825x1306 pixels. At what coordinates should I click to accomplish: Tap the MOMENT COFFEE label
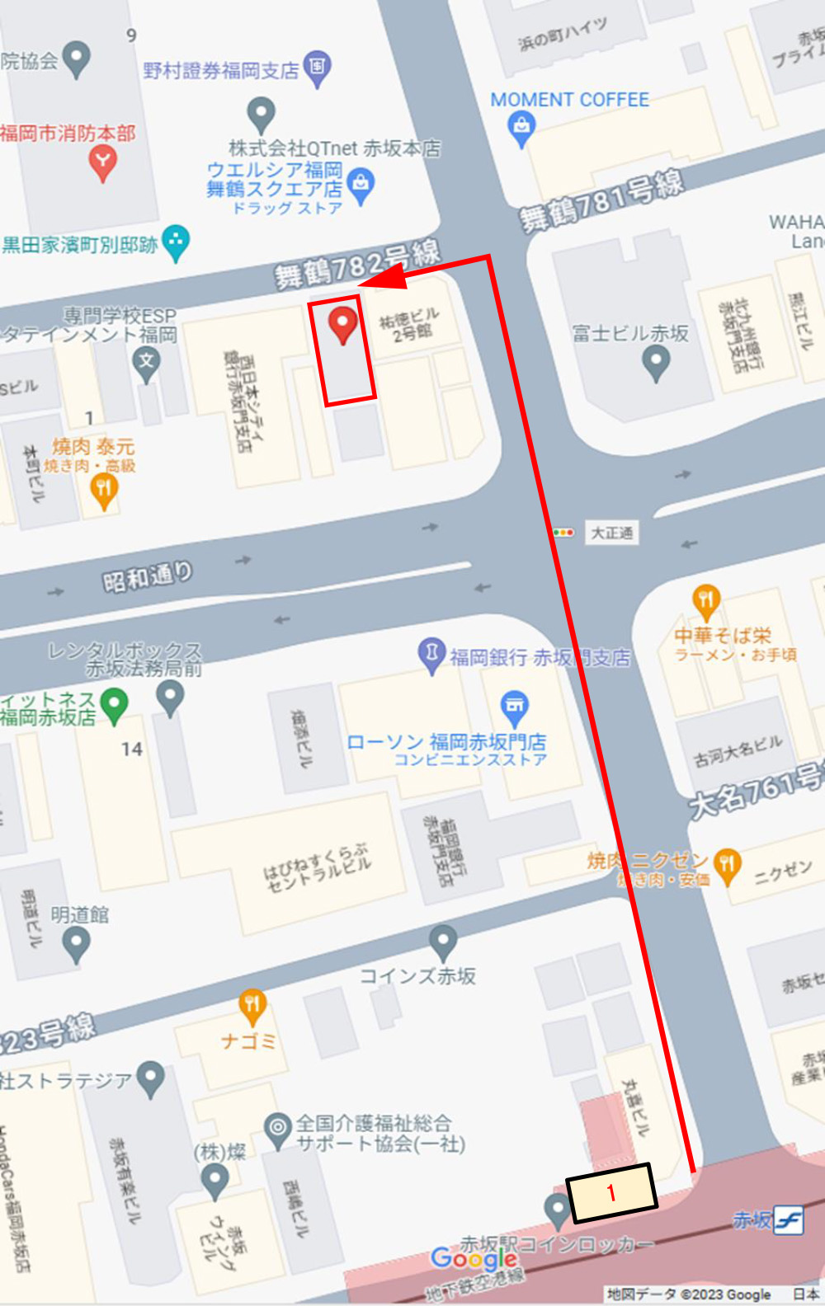[569, 100]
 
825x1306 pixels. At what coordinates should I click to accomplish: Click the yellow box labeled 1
[611, 1192]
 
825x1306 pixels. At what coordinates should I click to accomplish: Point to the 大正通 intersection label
[611, 533]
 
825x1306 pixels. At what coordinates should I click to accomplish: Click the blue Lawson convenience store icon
[515, 706]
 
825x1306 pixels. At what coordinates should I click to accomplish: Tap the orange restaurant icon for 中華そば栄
[706, 600]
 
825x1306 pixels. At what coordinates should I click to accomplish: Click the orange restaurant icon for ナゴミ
[252, 1004]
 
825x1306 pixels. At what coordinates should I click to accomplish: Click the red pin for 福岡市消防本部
[102, 161]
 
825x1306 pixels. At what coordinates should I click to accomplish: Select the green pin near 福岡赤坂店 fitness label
[114, 705]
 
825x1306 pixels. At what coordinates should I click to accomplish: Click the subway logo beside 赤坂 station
[789, 1219]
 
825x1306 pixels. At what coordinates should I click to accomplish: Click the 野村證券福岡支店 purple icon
[318, 66]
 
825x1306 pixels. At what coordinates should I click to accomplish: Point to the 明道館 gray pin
[76, 942]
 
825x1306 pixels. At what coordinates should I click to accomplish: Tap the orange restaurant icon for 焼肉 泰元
[103, 490]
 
